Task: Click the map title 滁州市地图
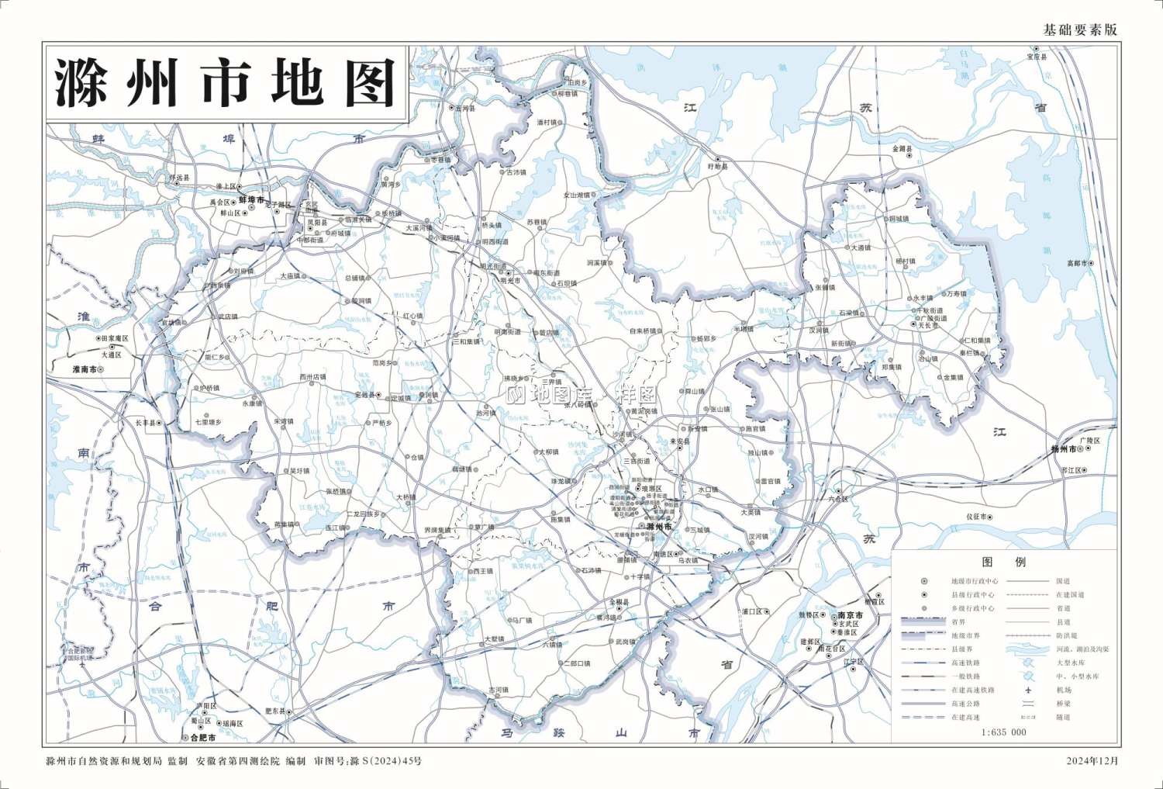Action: [226, 82]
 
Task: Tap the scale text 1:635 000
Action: [1003, 732]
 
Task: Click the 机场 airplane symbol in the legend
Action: [1028, 690]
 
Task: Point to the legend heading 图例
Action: [1003, 562]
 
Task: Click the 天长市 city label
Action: [928, 326]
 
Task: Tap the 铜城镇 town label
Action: [899, 220]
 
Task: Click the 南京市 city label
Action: [850, 615]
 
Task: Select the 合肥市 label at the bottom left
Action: [203, 737]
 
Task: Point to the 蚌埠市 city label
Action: [251, 200]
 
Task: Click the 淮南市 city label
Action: [85, 369]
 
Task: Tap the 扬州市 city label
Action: [1063, 449]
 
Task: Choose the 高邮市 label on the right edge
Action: [1076, 264]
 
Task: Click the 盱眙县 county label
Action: [718, 167]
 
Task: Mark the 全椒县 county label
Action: [619, 602]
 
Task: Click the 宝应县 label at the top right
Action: [1037, 57]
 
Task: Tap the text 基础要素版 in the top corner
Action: [1080, 29]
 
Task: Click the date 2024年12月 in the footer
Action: [1092, 761]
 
